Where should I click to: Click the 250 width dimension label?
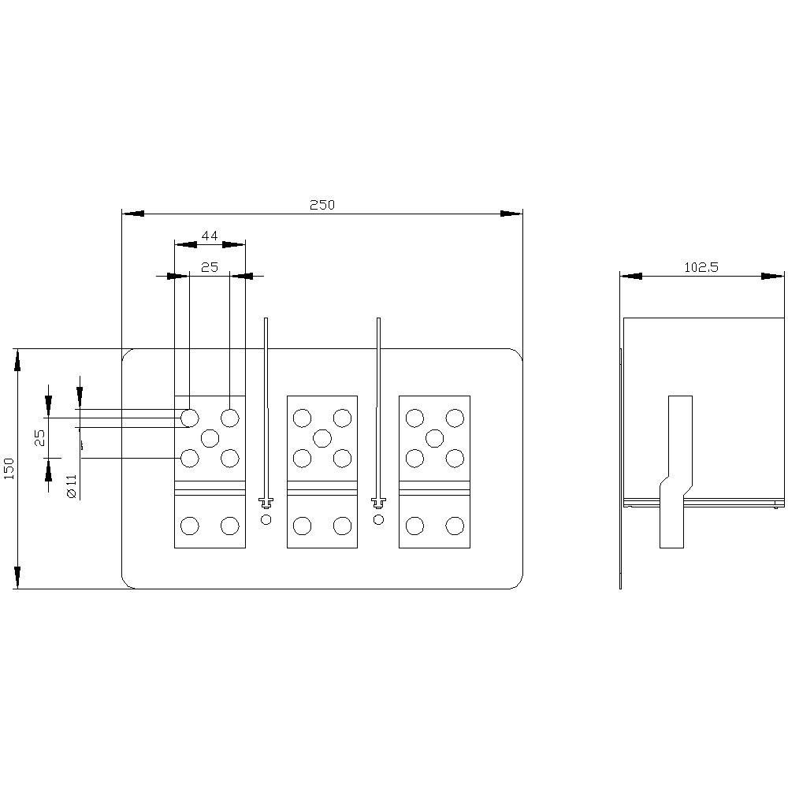click(322, 205)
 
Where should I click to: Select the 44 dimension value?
click(210, 236)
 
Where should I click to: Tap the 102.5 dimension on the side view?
click(701, 268)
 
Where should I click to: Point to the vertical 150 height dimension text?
click(9, 469)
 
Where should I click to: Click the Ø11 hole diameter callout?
click(71, 485)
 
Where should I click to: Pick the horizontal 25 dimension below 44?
click(209, 268)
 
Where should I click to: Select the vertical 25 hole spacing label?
click(40, 438)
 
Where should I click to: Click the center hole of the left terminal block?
click(210, 437)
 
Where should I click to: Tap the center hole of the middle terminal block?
click(322, 437)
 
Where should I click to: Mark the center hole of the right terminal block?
click(434, 437)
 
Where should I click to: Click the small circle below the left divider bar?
click(266, 519)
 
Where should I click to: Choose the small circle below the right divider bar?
click(378, 519)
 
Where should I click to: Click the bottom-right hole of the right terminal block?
click(455, 526)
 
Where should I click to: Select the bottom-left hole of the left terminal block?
click(189, 526)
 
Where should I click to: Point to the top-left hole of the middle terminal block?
click(302, 417)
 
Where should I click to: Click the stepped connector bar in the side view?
click(675, 473)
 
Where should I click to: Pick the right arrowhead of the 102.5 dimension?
click(773, 277)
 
